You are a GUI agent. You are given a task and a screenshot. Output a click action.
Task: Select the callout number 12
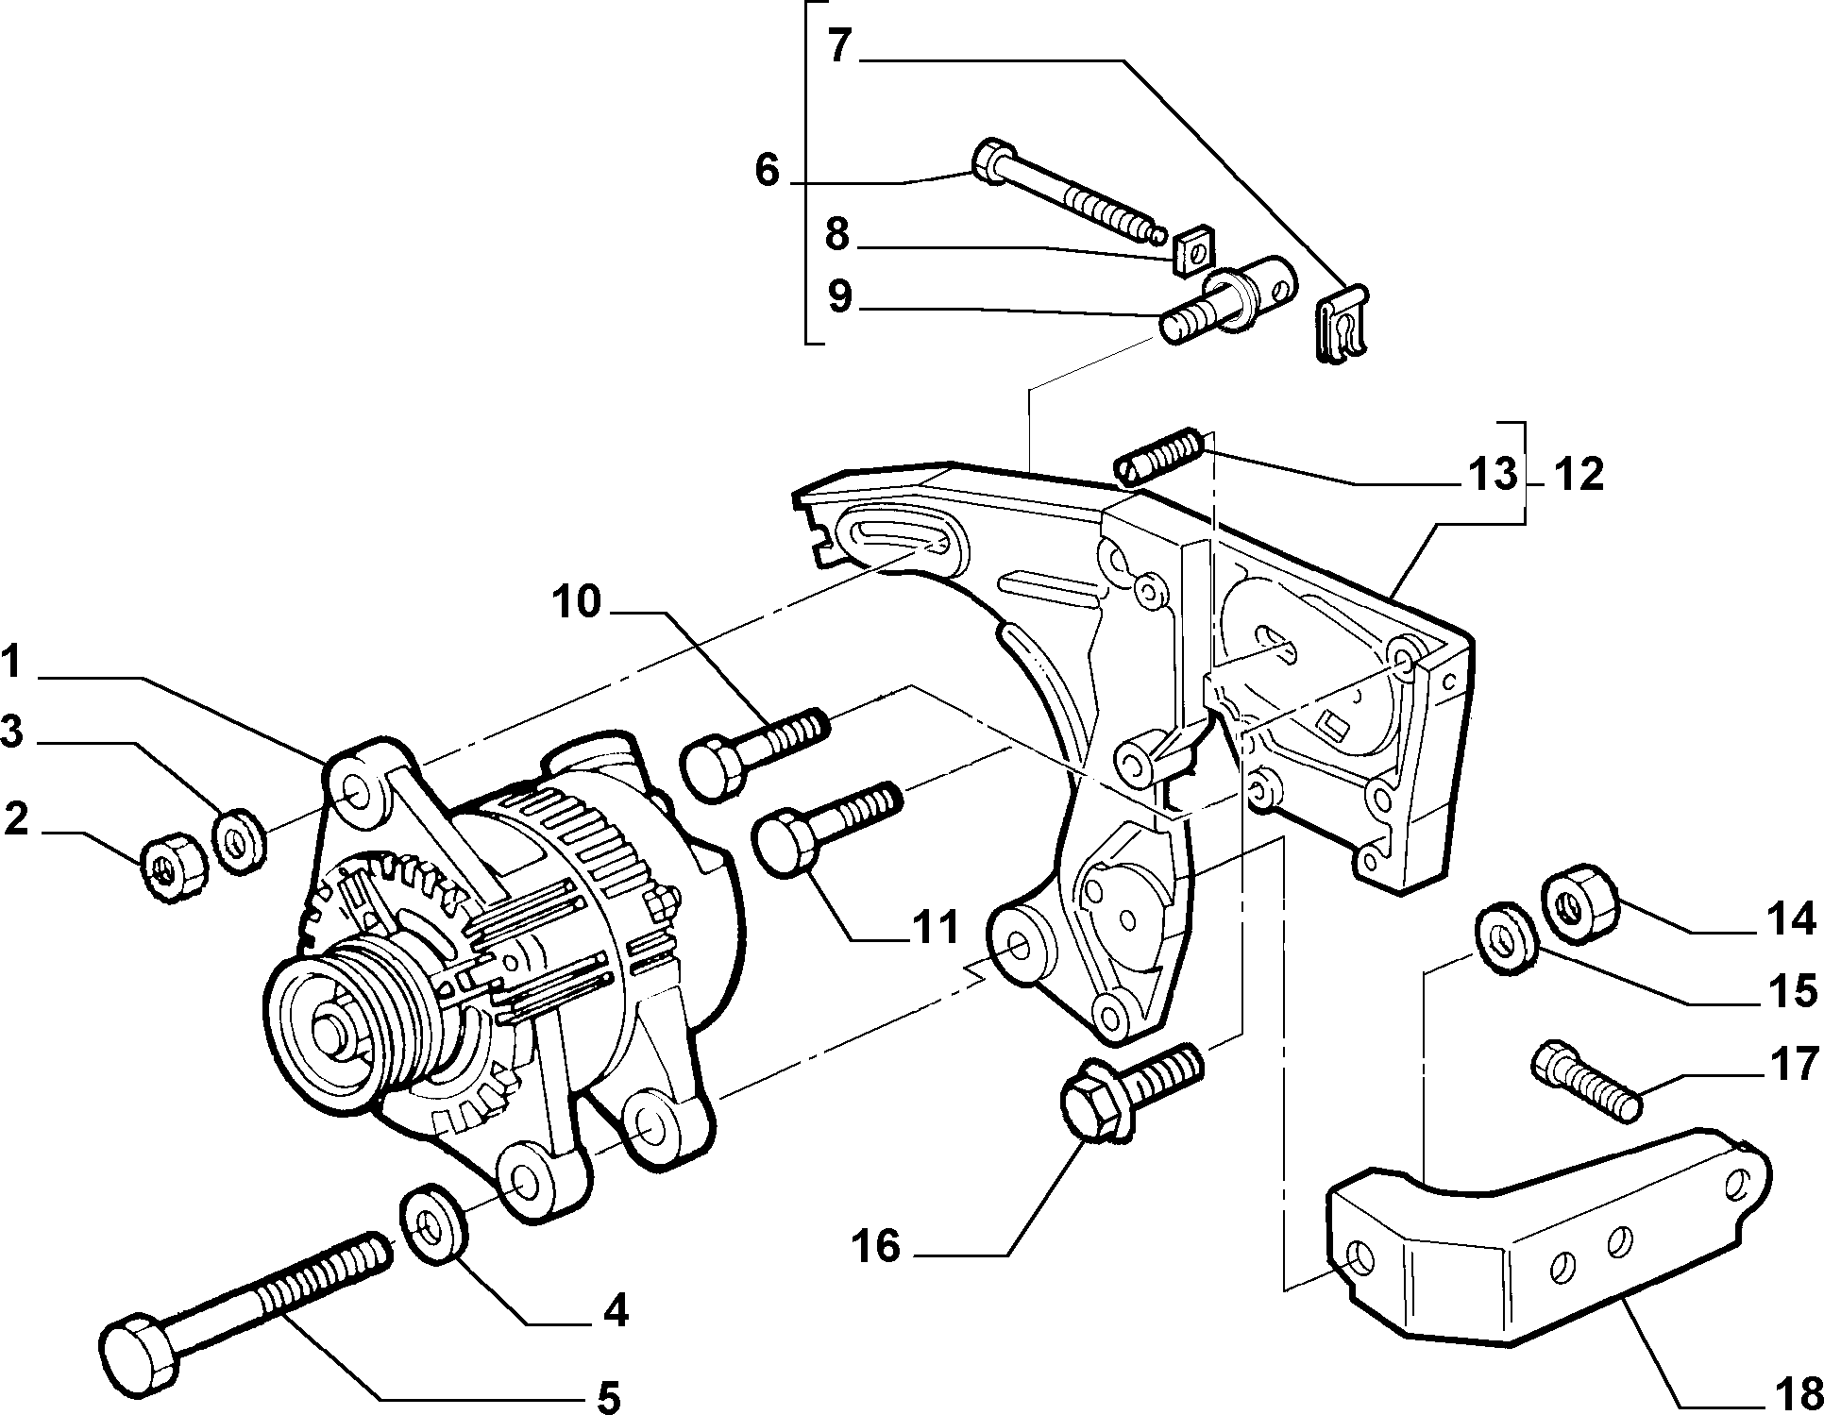[1579, 475]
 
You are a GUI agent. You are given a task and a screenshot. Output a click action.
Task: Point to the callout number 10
[577, 601]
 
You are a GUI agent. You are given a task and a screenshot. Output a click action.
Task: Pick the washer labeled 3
[241, 836]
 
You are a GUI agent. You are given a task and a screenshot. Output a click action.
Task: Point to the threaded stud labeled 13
[1157, 454]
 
